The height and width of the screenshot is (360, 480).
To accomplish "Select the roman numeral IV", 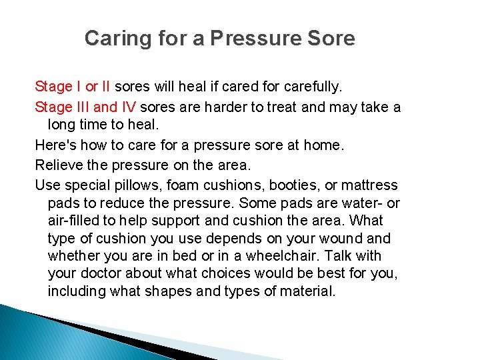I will pos(129,107).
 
